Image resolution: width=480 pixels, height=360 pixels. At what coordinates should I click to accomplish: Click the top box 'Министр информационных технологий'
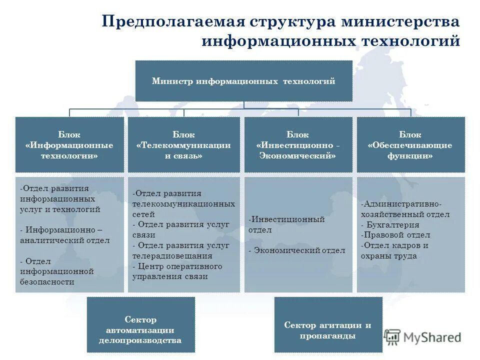click(243, 81)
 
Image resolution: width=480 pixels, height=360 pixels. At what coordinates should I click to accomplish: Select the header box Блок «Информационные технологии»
click(69, 145)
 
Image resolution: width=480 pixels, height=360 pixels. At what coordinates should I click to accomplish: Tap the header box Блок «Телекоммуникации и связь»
click(183, 145)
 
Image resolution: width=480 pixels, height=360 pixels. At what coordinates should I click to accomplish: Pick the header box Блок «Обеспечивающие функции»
click(410, 145)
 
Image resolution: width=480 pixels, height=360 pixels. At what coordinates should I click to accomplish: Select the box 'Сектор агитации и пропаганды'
click(328, 330)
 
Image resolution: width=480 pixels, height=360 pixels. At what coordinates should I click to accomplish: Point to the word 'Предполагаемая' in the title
click(172, 22)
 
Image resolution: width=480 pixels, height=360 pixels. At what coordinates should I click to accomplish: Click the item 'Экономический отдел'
click(299, 250)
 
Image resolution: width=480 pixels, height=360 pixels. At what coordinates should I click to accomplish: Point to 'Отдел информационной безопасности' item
click(57, 271)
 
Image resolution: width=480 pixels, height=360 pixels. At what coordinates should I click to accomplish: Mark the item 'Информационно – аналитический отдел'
click(65, 235)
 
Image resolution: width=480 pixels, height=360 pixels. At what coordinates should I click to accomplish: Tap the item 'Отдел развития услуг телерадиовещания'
click(181, 250)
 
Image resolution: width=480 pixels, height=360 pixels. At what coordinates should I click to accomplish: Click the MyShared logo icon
click(392, 337)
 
